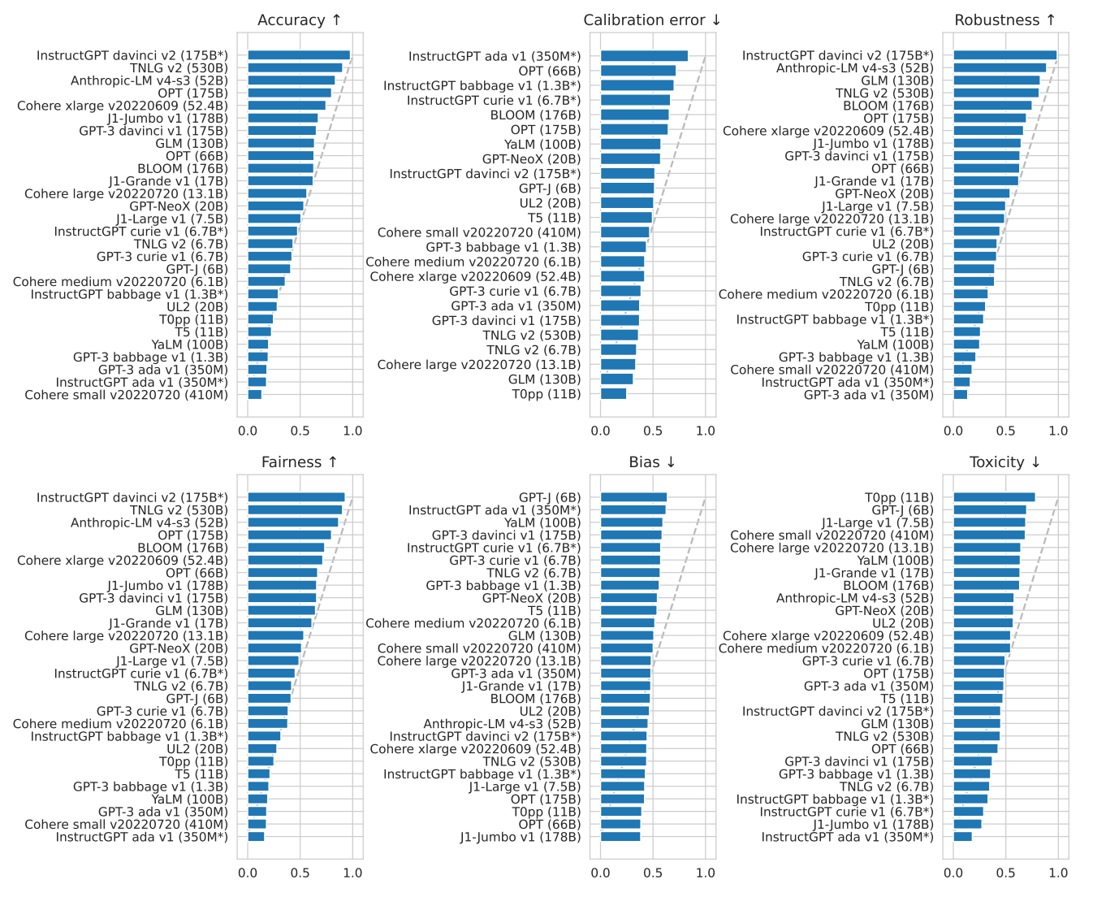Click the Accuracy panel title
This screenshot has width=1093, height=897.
point(299,20)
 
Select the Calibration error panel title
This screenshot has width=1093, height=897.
point(652,20)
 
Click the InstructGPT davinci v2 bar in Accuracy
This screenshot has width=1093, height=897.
point(299,55)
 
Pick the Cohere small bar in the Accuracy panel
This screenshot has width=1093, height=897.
point(255,395)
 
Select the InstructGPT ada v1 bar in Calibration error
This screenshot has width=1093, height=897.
point(644,56)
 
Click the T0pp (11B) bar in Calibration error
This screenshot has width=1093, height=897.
point(613,394)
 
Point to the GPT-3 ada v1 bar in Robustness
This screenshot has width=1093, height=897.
point(960,395)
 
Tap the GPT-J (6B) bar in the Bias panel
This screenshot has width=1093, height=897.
point(633,497)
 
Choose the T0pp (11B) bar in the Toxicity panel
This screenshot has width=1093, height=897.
point(994,497)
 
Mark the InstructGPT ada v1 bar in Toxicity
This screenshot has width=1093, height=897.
point(962,837)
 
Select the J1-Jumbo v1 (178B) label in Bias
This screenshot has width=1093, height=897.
point(521,837)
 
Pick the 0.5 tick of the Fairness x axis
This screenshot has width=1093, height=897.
point(300,873)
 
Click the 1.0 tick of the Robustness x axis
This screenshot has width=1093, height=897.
point(1058,431)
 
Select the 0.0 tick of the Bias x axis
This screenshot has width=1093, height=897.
point(601,873)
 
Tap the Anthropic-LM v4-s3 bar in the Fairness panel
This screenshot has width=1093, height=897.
point(292,522)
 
